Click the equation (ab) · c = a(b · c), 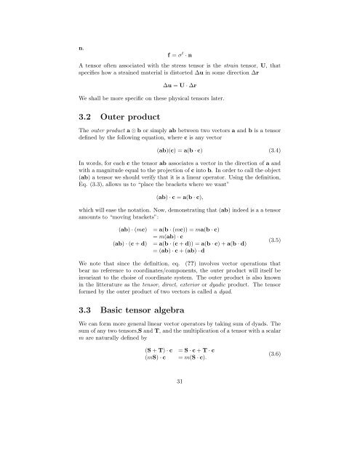[x=180, y=196]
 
